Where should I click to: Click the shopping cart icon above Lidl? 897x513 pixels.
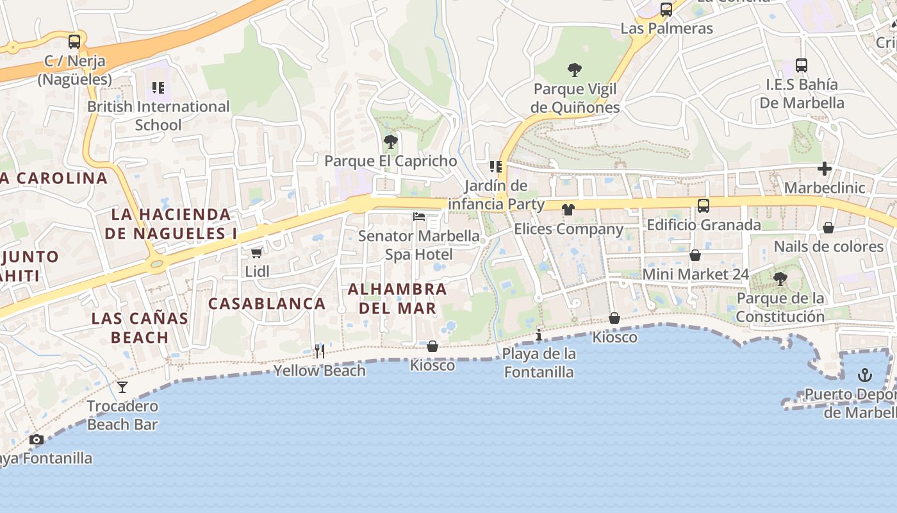click(257, 253)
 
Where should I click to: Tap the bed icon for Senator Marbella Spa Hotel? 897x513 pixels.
click(419, 217)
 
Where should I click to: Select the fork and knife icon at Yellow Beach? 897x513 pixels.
click(320, 351)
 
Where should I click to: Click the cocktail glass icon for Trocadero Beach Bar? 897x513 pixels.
click(122, 387)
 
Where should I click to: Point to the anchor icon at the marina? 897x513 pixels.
click(865, 374)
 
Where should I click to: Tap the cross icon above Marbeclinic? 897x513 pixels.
click(825, 169)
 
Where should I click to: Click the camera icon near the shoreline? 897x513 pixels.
click(37, 439)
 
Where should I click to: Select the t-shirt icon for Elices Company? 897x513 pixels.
click(568, 210)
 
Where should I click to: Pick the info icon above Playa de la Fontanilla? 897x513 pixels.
click(539, 335)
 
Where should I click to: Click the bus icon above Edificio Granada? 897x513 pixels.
click(703, 206)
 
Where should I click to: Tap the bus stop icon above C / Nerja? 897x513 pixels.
click(74, 42)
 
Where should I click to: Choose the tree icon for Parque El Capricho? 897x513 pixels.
click(390, 142)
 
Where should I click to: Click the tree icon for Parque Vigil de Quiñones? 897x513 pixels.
click(575, 70)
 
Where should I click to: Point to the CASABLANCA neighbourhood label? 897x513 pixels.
click(267, 303)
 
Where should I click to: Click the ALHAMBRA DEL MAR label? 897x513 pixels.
click(397, 298)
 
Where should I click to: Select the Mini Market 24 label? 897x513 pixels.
click(695, 274)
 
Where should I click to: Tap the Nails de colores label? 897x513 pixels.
click(828, 246)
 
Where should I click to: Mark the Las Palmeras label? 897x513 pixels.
click(666, 28)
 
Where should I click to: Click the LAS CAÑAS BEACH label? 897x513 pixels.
click(140, 327)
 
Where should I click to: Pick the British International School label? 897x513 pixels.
click(158, 115)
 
